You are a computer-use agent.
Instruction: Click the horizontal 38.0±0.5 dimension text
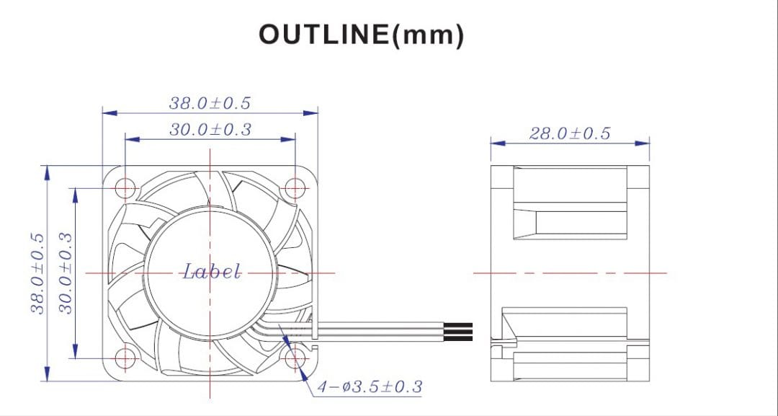click(210, 103)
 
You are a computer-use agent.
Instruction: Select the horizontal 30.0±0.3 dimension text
click(210, 130)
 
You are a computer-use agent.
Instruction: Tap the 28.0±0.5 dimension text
click(569, 133)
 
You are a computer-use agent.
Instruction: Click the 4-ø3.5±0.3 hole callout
click(370, 387)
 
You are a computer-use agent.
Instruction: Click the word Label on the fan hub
click(210, 272)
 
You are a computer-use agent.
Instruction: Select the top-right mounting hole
click(295, 188)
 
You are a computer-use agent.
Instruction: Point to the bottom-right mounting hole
click(295, 358)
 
